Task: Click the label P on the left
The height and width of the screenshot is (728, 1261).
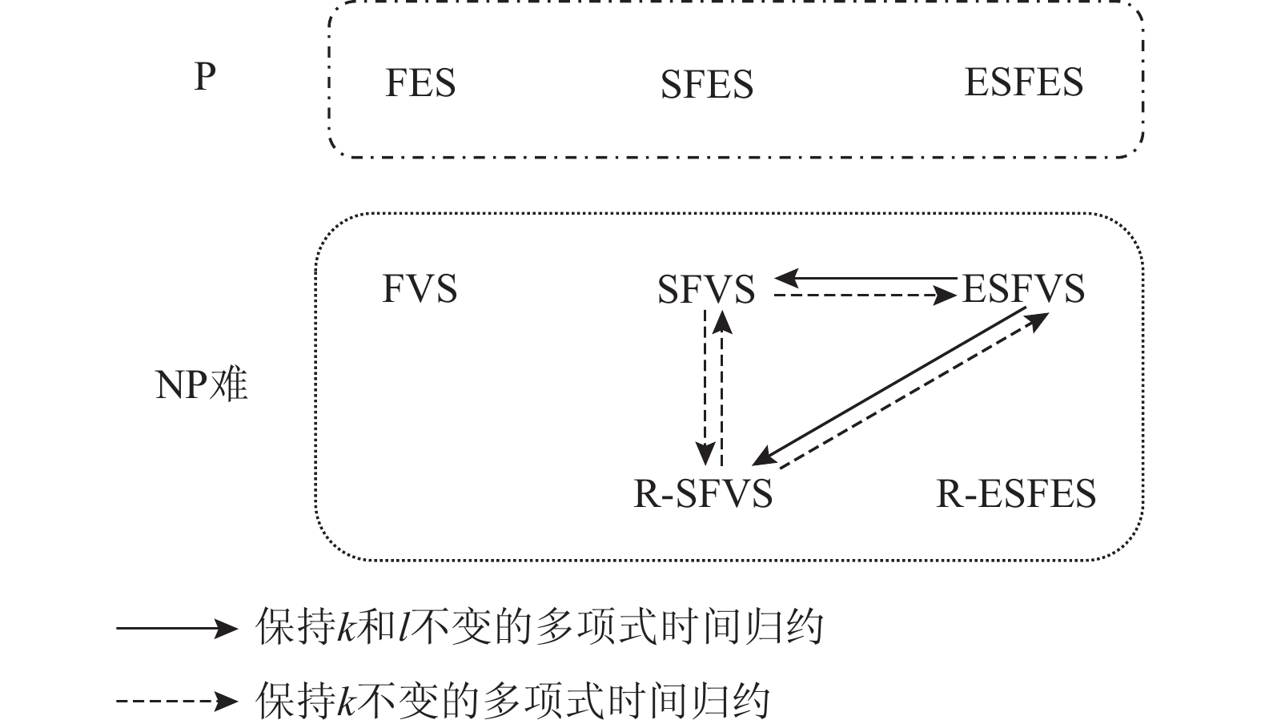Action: tap(205, 77)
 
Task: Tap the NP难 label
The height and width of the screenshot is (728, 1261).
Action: tap(201, 385)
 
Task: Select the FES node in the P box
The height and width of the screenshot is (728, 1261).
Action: tap(420, 83)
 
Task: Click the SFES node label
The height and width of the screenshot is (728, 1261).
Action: tap(707, 85)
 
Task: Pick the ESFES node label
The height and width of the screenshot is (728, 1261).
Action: tap(1023, 82)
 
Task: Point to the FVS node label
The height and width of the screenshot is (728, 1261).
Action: tap(420, 289)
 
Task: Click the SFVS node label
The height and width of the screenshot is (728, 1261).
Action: tap(706, 289)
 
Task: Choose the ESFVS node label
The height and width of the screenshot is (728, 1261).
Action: tap(1023, 289)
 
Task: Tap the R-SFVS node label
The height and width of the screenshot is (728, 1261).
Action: tap(703, 493)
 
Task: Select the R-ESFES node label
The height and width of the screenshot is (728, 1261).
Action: tap(1016, 493)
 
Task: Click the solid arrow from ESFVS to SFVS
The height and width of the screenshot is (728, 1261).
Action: tap(865, 279)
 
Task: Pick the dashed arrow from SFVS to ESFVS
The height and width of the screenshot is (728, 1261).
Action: tap(865, 296)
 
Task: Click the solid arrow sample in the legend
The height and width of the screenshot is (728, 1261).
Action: tap(177, 628)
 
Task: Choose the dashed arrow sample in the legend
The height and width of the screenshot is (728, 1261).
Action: tap(177, 702)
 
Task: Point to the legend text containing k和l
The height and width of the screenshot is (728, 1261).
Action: tap(540, 627)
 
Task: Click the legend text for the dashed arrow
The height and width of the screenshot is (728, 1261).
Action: tap(512, 701)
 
